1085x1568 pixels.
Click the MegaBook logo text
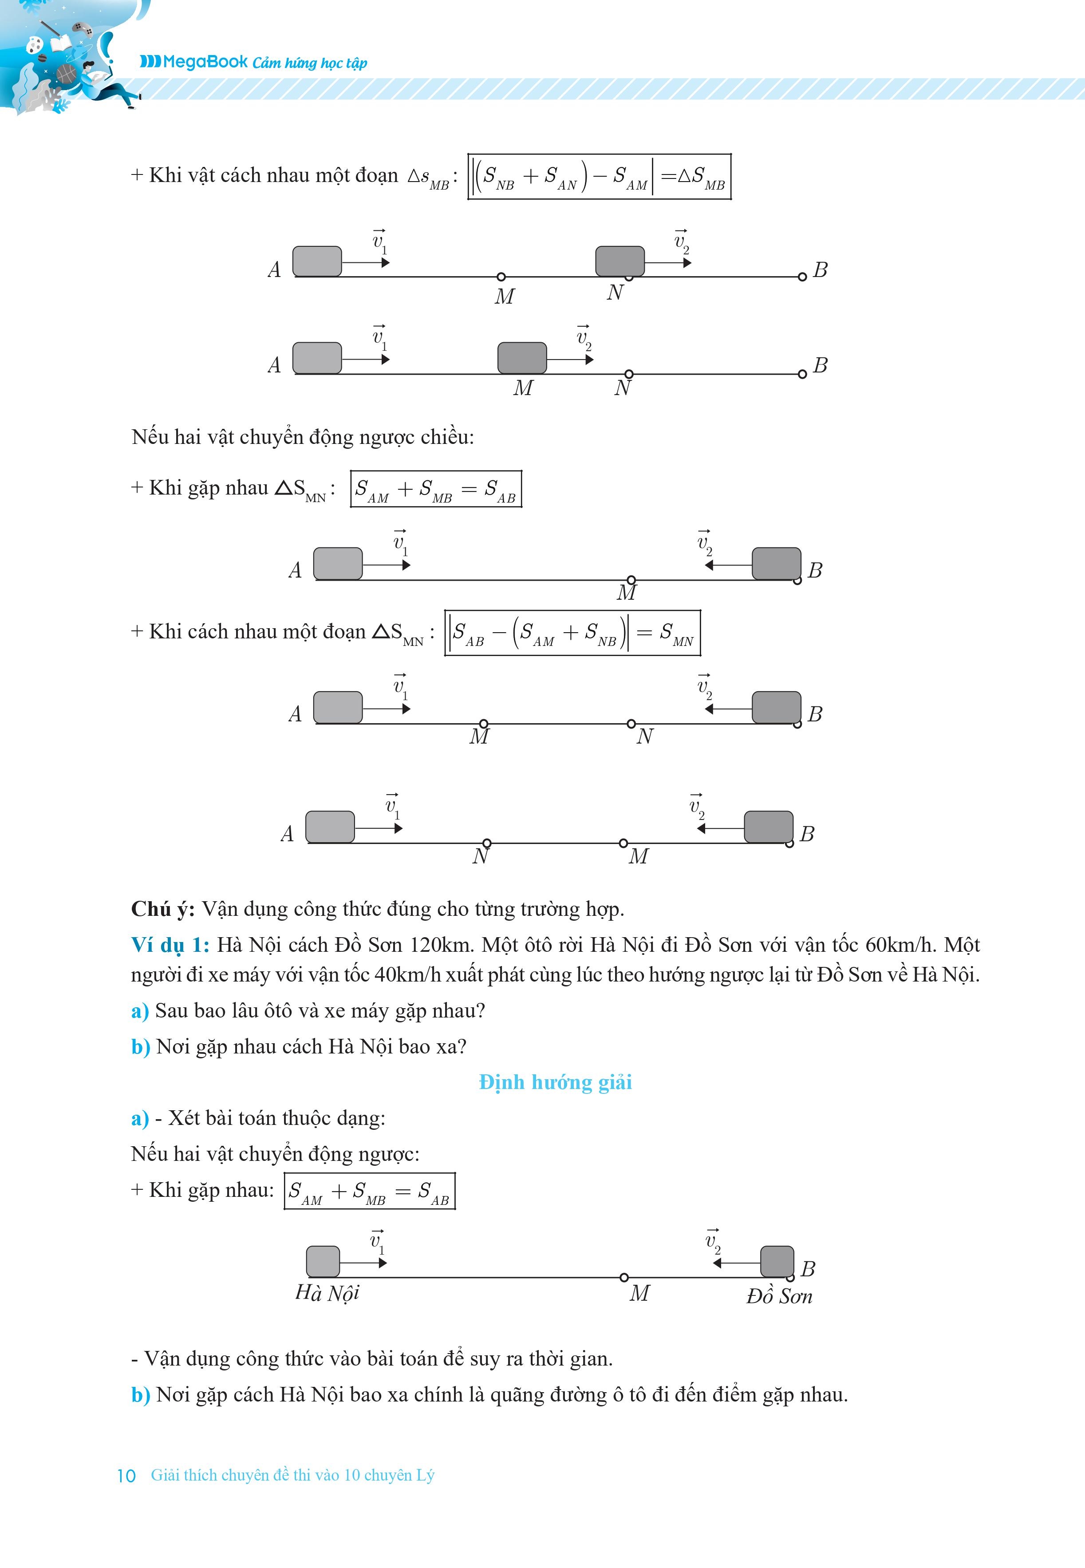click(x=194, y=62)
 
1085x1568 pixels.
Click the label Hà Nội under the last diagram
click(x=327, y=1293)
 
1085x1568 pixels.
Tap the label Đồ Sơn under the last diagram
click(x=779, y=1296)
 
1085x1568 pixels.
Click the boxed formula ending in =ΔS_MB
click(x=599, y=177)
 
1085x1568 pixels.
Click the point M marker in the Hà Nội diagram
click(x=624, y=1277)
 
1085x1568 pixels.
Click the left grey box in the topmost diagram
click(x=317, y=261)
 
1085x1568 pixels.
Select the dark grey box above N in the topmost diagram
click(x=619, y=261)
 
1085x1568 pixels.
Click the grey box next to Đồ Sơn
click(x=776, y=1261)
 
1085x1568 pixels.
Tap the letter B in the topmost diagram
click(x=821, y=270)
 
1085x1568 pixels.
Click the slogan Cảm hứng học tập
click(x=309, y=63)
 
